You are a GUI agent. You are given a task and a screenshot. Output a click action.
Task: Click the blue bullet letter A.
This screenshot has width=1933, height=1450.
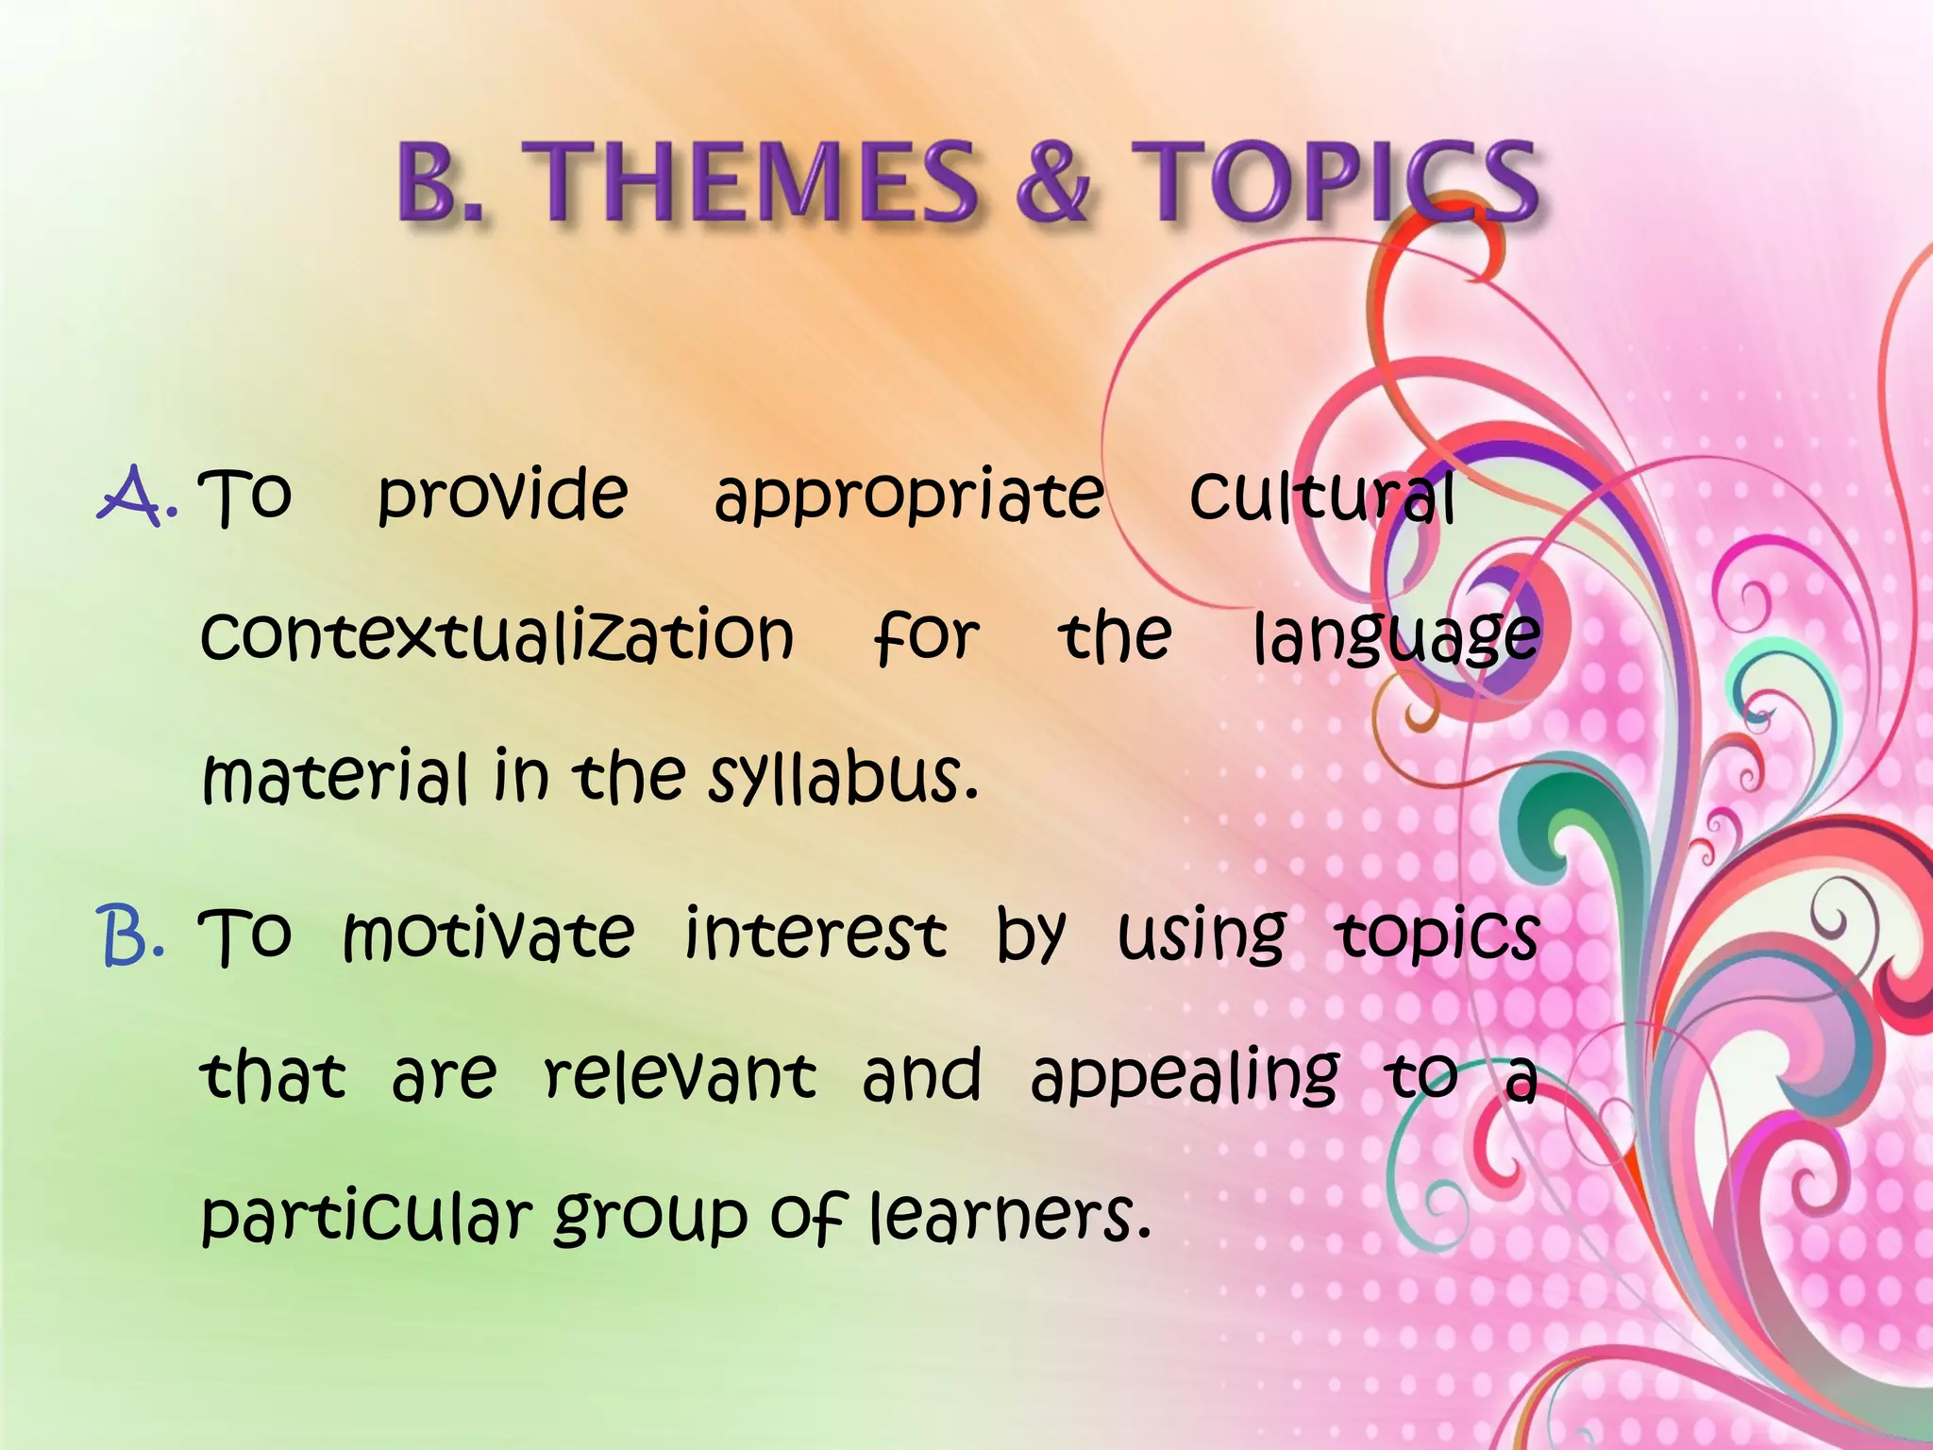coord(135,497)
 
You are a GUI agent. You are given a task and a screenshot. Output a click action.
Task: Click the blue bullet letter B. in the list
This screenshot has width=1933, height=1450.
coord(132,936)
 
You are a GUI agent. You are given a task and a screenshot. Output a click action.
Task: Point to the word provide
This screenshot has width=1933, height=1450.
coord(502,495)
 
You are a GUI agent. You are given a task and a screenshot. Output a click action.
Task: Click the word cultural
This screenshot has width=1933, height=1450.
coord(1321,495)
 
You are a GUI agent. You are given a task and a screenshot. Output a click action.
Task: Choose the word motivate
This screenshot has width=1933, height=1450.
coord(488,935)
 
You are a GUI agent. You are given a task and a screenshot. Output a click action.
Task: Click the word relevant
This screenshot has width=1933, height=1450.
coord(681,1075)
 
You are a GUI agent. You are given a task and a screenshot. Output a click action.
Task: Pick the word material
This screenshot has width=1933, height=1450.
coord(335,778)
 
